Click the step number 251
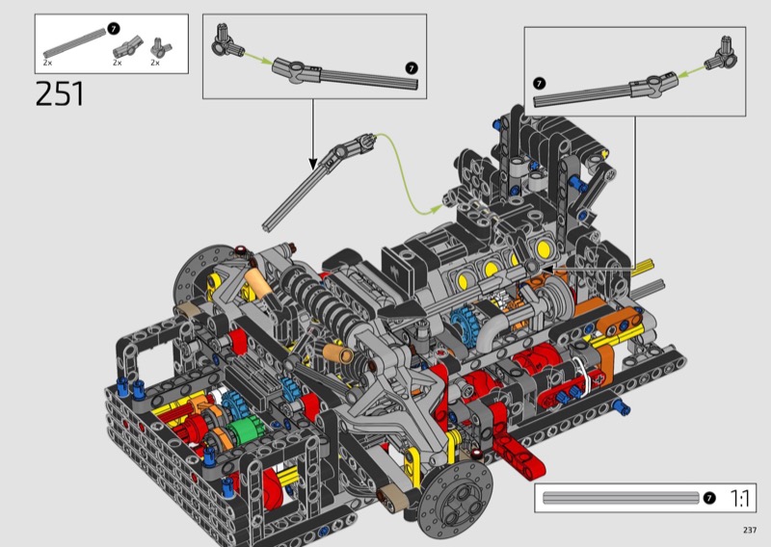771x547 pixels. tap(60, 93)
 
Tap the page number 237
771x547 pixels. tap(750, 530)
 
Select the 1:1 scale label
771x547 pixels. tap(740, 498)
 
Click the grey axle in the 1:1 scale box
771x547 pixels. tap(621, 498)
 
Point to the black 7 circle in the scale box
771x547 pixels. tap(709, 498)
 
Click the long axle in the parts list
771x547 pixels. tap(75, 43)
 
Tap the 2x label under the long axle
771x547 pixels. tap(47, 63)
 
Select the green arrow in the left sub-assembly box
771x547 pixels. tap(257, 57)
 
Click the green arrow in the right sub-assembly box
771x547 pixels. tap(692, 72)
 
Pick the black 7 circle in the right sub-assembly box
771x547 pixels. tap(540, 83)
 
